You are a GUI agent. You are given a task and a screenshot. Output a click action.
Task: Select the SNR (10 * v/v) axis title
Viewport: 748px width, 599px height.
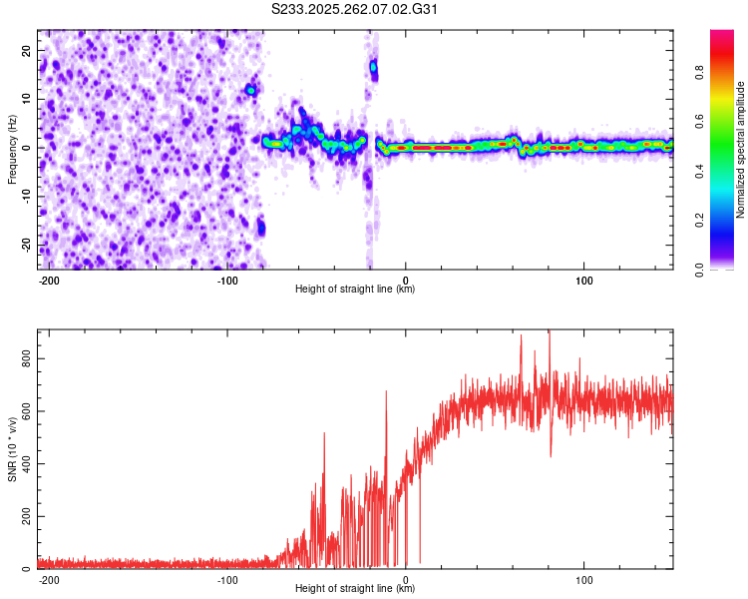click(x=13, y=449)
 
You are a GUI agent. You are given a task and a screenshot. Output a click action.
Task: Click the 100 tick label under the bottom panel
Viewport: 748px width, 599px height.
click(x=583, y=580)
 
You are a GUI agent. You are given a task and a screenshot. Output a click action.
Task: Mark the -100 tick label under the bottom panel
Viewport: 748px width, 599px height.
click(x=227, y=580)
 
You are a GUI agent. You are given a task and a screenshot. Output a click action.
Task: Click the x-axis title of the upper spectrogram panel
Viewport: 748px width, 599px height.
click(x=356, y=290)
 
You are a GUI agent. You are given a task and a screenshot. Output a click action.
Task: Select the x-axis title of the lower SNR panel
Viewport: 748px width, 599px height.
click(x=356, y=589)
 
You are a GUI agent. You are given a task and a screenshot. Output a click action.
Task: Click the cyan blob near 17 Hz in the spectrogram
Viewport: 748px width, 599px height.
click(x=374, y=68)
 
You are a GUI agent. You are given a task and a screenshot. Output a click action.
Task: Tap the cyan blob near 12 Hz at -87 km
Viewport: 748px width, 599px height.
click(x=251, y=90)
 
